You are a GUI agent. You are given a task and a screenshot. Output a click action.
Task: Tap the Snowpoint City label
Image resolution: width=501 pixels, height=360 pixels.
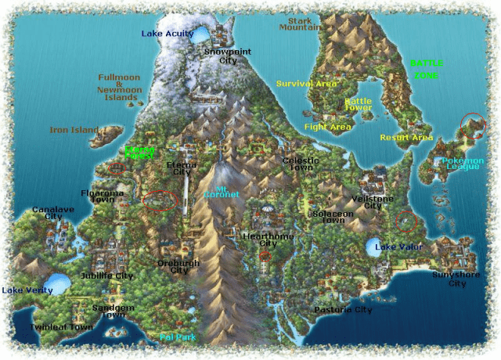tap(222, 56)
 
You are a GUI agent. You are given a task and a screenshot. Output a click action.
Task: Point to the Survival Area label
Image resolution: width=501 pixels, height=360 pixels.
tap(306, 83)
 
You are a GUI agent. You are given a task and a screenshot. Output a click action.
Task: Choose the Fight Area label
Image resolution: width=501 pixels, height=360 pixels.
tap(327, 126)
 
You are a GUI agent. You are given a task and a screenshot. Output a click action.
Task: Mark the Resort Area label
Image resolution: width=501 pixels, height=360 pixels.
tap(406, 138)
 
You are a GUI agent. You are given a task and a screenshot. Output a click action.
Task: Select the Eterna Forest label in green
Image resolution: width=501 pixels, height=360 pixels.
tap(140, 153)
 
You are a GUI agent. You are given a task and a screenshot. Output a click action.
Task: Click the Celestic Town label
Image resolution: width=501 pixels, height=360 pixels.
tap(298, 164)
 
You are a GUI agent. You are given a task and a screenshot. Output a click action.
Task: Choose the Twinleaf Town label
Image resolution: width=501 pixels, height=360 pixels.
tap(61, 327)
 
